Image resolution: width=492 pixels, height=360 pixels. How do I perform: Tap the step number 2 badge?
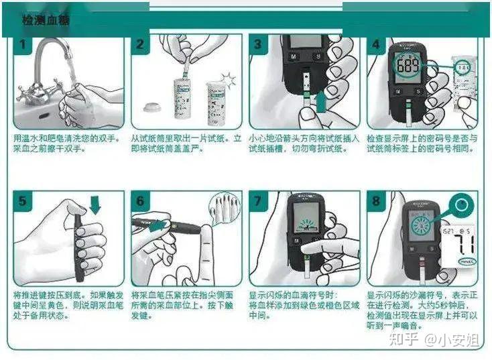[141, 46]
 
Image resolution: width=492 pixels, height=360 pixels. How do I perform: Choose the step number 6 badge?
[141, 200]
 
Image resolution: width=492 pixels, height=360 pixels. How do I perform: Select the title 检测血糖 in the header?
[46, 21]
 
